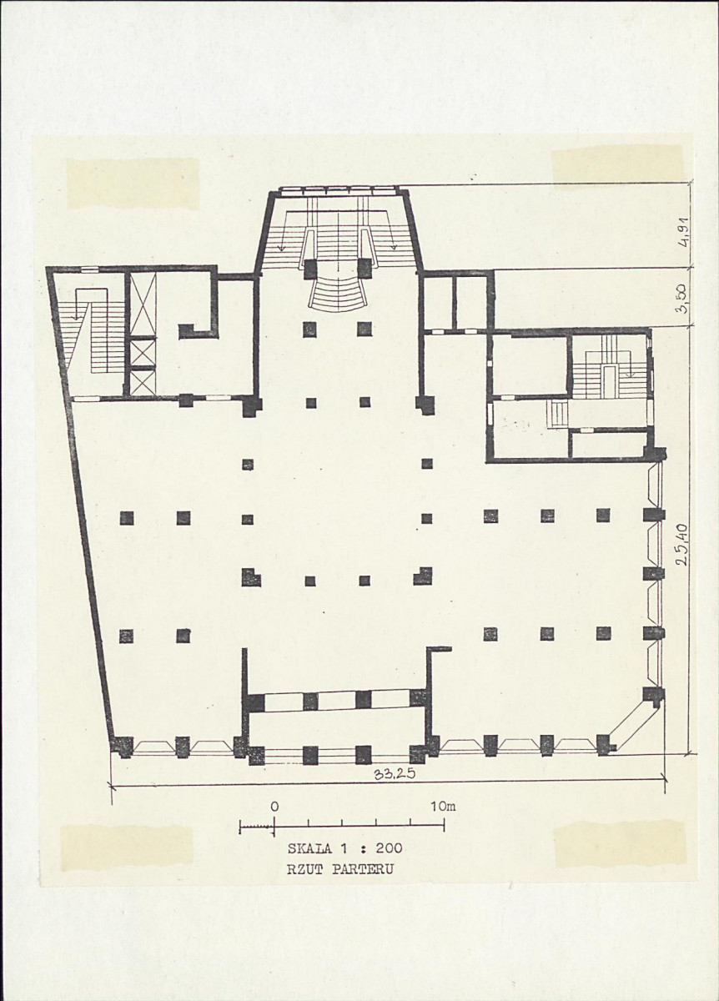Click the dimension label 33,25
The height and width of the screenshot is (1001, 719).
pos(395,774)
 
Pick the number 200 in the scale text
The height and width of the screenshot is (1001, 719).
pos(389,848)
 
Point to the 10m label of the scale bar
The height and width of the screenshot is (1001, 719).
pos(444,807)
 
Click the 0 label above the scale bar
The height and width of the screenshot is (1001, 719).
pos(274,807)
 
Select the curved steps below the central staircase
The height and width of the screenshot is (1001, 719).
pos(338,295)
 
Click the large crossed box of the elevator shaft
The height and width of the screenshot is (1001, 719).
pos(143,304)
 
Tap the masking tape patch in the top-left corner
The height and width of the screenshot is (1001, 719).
pos(133,184)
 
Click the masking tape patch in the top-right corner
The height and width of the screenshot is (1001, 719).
pos(617,168)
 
